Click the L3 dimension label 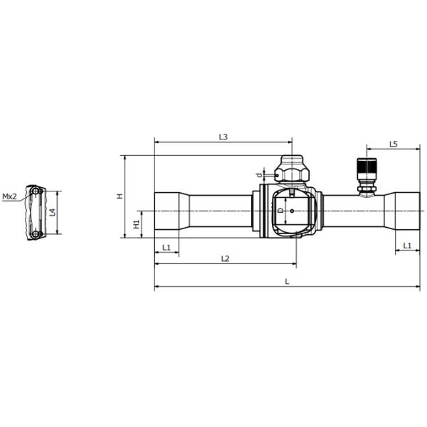pos(223,136)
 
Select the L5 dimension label pos(394,144)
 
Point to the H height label pos(120,196)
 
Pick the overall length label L pos(287,281)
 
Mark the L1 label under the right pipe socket pos(407,246)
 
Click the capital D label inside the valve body pos(280,211)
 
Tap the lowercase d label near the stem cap pos(259,174)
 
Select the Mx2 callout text pos(9,196)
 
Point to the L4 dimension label pos(52,213)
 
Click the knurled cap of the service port pos(367,169)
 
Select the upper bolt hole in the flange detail pos(33,192)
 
